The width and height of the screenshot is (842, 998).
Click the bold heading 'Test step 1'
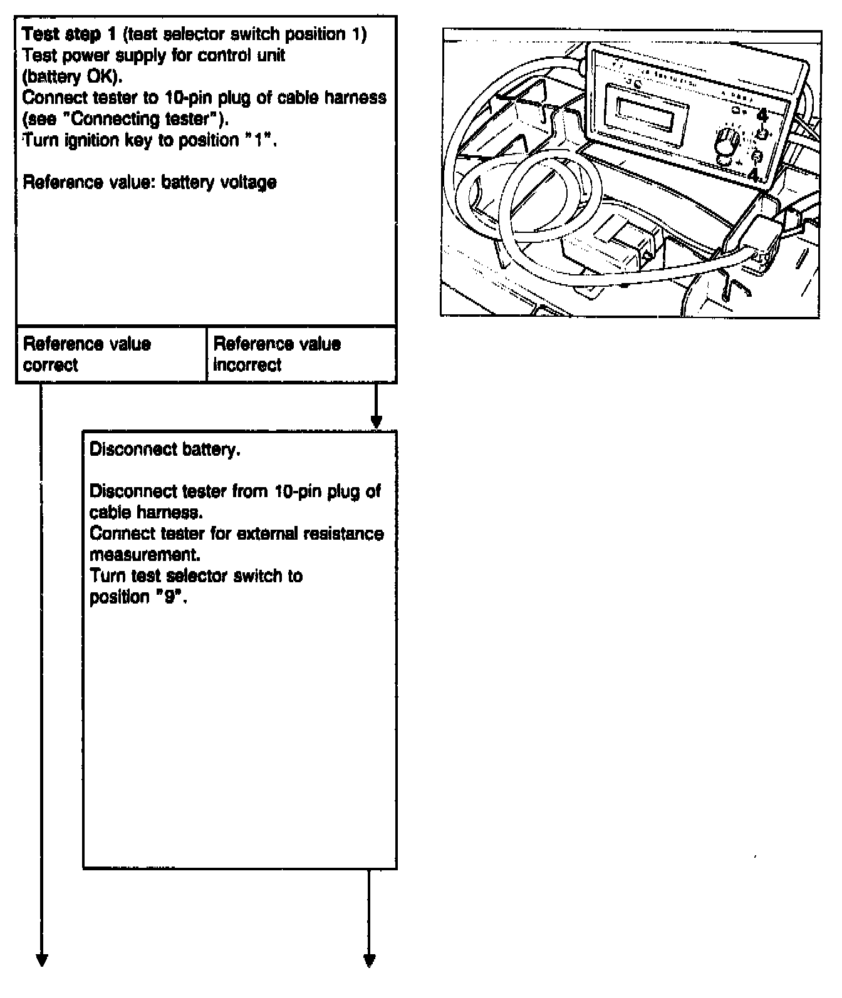[69, 34]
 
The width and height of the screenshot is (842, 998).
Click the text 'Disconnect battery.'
[165, 450]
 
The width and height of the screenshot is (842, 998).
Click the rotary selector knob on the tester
[727, 142]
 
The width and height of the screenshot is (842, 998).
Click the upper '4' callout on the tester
[762, 115]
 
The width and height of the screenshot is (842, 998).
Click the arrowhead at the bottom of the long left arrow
[42, 960]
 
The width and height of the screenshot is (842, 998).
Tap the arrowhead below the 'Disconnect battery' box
[370, 960]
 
